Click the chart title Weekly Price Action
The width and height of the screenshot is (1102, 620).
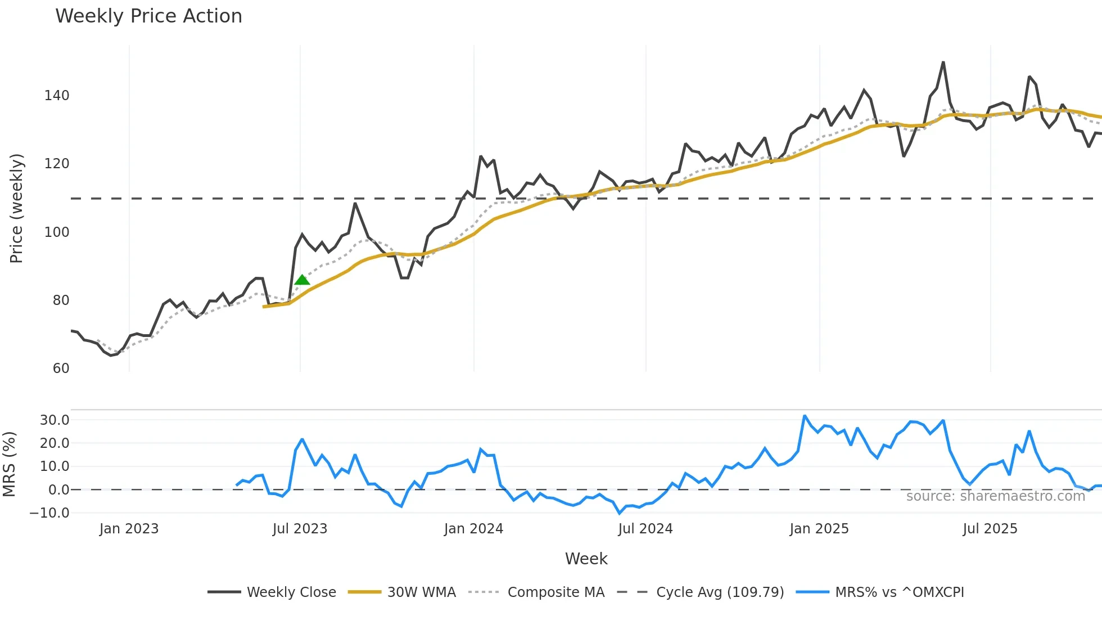click(x=148, y=16)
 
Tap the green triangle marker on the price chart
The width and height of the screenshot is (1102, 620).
click(x=302, y=280)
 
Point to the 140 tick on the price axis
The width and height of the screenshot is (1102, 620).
click(x=57, y=96)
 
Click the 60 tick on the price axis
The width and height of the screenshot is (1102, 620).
click(x=61, y=369)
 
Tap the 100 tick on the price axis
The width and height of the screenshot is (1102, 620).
click(x=57, y=232)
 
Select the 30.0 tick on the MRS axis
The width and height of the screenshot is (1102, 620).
click(x=55, y=420)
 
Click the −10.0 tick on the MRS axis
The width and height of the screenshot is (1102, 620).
click(x=49, y=513)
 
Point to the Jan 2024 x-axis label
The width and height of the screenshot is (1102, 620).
click(x=473, y=529)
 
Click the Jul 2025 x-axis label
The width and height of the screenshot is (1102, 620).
click(x=990, y=529)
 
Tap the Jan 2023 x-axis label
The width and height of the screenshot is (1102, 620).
click(x=129, y=529)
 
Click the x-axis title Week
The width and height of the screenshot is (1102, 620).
click(x=586, y=559)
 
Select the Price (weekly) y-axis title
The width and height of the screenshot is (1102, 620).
click(x=16, y=208)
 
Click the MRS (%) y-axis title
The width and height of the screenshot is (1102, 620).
click(x=9, y=464)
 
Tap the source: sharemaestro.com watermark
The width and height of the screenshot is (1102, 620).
click(x=995, y=496)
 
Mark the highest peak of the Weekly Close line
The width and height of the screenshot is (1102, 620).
click(x=943, y=62)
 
